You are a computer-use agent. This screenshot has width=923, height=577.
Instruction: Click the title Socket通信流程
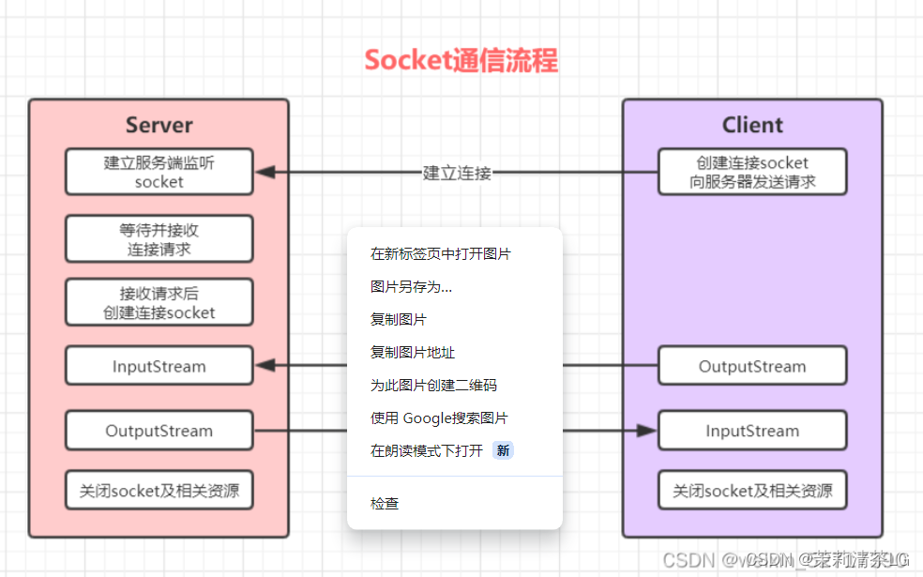click(461, 61)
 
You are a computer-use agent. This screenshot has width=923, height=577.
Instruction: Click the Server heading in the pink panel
click(159, 125)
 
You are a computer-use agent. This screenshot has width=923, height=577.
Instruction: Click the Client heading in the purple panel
click(752, 125)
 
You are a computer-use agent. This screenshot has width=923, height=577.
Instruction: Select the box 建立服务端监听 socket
click(159, 172)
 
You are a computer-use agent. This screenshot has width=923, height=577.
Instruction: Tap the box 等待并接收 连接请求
click(159, 239)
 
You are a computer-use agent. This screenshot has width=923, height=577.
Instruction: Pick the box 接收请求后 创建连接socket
click(159, 302)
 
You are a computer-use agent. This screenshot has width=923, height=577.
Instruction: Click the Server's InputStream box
click(159, 366)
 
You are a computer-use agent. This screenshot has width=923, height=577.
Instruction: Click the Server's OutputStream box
click(159, 431)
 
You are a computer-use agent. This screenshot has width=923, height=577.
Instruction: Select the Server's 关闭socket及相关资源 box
click(159, 490)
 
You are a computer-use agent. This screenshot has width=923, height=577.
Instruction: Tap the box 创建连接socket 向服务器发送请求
click(752, 172)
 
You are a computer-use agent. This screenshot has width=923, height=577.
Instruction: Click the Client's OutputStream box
click(752, 366)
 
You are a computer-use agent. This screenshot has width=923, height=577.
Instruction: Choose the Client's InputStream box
click(752, 431)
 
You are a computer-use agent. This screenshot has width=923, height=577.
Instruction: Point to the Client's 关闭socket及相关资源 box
click(752, 490)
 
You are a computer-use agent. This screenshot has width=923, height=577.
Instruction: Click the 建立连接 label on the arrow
click(457, 173)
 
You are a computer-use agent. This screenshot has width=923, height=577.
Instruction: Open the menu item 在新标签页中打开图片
click(440, 253)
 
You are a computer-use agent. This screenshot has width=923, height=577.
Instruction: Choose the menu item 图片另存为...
click(411, 287)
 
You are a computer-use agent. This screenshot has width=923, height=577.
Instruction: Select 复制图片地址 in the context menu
click(413, 353)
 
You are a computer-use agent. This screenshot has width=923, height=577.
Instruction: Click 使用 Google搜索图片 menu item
click(439, 418)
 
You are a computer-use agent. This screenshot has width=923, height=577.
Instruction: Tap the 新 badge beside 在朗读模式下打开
click(504, 451)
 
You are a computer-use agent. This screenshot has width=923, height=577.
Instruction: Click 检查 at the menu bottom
click(385, 504)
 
